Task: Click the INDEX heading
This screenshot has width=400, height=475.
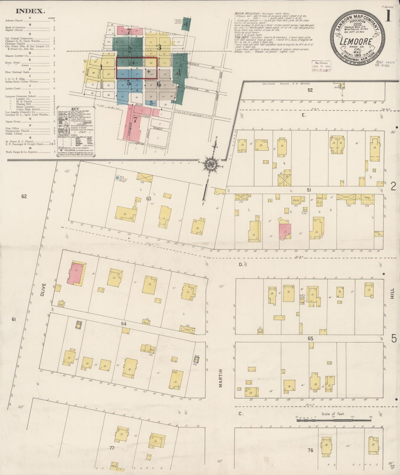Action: (30, 11)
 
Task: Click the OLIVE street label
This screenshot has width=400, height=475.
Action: (42, 290)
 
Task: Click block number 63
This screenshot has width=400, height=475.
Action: (149, 198)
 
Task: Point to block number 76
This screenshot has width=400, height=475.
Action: (310, 450)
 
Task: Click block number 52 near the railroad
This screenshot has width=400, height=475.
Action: (310, 90)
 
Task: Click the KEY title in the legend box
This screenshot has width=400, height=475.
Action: (75, 109)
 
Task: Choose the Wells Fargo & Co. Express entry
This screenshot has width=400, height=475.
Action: (21, 152)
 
